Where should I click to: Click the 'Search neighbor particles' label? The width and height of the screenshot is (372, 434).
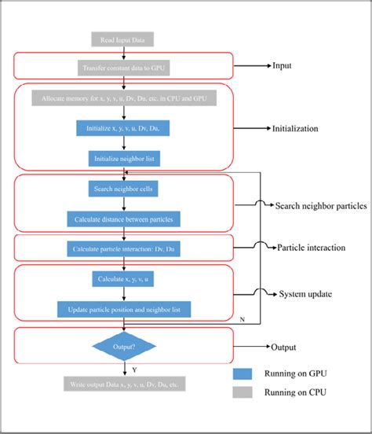(320, 206)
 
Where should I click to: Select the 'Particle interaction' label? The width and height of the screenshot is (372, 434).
(310, 248)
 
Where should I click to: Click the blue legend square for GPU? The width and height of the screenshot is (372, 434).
(249, 374)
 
